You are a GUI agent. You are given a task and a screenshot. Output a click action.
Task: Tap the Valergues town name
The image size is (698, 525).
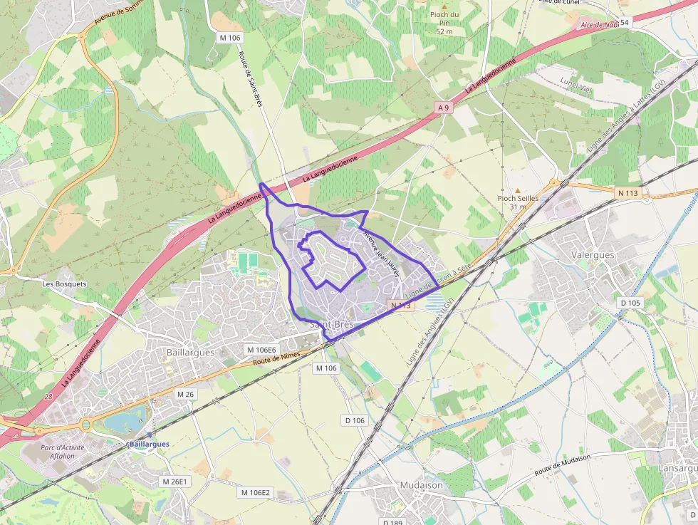[x=593, y=254]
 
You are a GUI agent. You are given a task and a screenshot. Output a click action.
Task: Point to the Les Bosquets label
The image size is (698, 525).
[x=64, y=284]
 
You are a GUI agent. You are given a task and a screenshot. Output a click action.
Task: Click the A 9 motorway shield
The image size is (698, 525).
[x=444, y=108]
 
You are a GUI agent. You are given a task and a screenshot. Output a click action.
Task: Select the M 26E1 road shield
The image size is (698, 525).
[x=175, y=482]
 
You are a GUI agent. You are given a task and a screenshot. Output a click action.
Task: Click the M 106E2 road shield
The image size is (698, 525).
[x=254, y=492]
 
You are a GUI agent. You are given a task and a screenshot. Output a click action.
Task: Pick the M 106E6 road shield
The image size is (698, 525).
[x=261, y=350]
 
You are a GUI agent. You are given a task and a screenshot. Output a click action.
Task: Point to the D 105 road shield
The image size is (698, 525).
[x=630, y=303]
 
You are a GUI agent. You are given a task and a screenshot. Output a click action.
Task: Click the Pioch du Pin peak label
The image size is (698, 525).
[x=444, y=23]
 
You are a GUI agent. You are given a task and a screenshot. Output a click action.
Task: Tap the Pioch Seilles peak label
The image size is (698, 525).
[x=518, y=202]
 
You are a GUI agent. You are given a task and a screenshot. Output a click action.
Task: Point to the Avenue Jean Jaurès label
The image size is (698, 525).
[x=380, y=253]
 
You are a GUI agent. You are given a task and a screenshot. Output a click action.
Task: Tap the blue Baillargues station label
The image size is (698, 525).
[x=150, y=444]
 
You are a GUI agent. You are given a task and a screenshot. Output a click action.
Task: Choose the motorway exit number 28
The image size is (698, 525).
[x=48, y=396]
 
